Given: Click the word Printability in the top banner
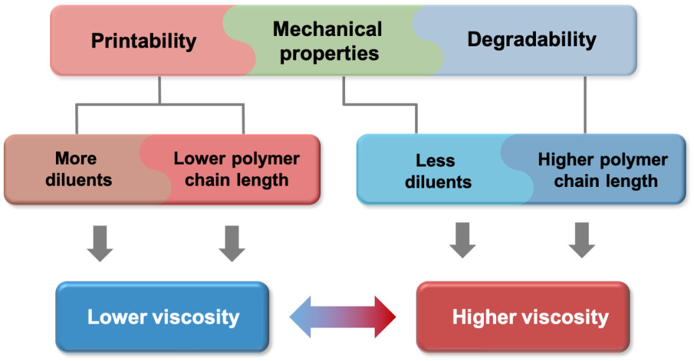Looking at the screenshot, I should pyautogui.click(x=143, y=40).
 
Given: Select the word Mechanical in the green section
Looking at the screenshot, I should pyautogui.click(x=327, y=29).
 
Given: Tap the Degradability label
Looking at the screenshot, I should pyautogui.click(x=531, y=39).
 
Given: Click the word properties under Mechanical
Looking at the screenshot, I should pyautogui.click(x=329, y=53).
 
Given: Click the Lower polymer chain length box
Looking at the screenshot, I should pyautogui.click(x=236, y=169).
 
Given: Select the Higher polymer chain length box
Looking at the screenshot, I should pyautogui.click(x=602, y=170).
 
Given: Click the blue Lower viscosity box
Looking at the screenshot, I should pyautogui.click(x=162, y=316).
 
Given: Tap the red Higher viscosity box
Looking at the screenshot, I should pyautogui.click(x=522, y=316).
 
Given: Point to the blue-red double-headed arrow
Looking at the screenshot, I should pyautogui.click(x=343, y=317).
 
